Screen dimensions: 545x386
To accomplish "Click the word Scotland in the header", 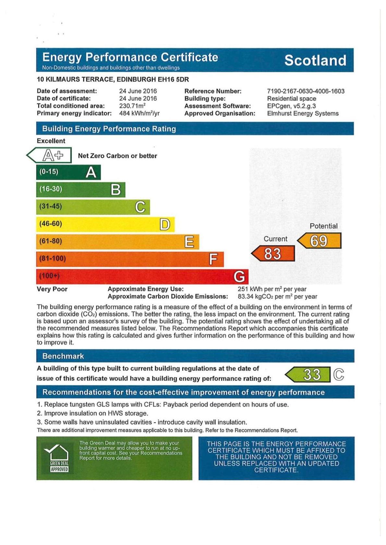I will pos(315,60).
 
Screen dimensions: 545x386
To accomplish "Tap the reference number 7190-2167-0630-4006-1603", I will pos(306,91).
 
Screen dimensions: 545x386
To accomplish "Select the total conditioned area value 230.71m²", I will pos(132,106).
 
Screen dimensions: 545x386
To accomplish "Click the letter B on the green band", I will pos(116,190).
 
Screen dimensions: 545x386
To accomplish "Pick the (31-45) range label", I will pos(51,206).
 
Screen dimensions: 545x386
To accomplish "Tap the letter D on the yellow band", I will pos(165,224).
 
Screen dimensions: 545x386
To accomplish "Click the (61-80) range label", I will pos(51,241).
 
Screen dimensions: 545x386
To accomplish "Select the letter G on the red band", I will pos(239,276).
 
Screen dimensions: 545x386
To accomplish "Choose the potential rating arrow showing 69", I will pos(319,241).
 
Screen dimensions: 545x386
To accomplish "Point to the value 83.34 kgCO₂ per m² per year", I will pos(277,296).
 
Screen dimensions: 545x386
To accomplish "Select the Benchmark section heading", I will pos(63,356).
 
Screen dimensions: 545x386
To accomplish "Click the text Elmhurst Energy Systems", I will pos(303,113).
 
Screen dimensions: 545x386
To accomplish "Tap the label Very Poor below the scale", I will pos(52,289).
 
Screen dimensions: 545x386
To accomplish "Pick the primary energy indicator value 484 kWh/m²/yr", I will pos(139,113).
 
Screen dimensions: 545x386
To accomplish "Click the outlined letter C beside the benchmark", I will pos(338,375).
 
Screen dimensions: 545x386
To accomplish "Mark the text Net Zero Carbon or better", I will pos(117,156).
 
